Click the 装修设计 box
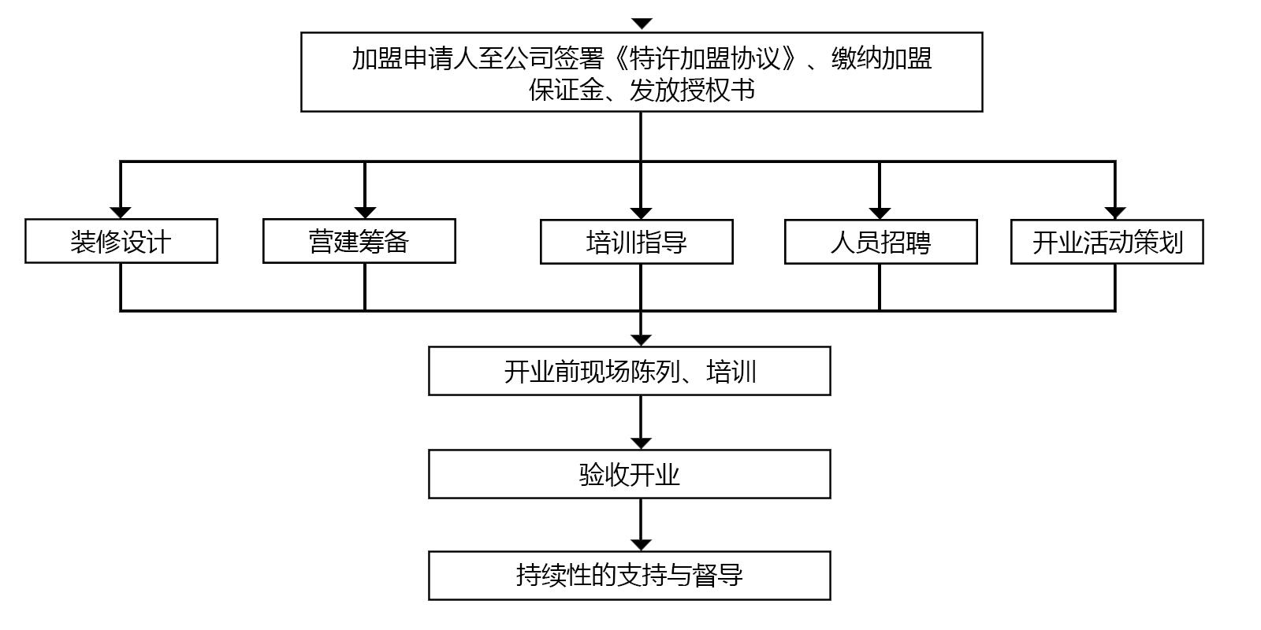tap(121, 241)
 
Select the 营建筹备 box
tap(359, 241)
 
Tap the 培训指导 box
tap(636, 242)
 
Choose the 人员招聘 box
tap(880, 242)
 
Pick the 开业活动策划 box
tap(1107, 242)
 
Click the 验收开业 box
tap(629, 474)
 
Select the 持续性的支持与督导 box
tap(629, 576)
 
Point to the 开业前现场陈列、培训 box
tap(629, 371)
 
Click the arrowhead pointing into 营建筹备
tap(365, 213)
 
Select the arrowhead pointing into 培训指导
tap(641, 213)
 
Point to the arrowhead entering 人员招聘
tap(880, 213)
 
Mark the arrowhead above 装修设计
tap(121, 213)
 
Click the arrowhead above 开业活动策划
tap(1114, 213)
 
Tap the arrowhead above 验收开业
tap(642, 443)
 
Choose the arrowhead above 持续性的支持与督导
tap(642, 545)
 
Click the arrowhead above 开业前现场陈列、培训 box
tap(642, 340)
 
